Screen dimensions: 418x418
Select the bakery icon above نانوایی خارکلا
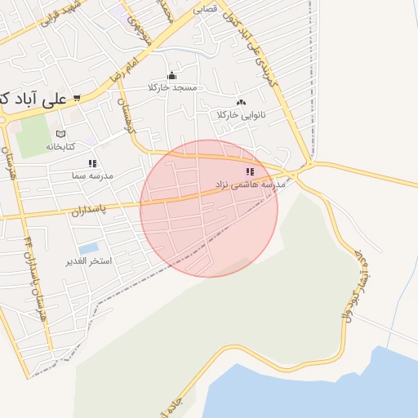click(x=240, y=103)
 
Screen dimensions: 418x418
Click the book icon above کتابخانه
click(x=60, y=134)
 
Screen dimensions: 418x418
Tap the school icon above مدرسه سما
click(x=92, y=163)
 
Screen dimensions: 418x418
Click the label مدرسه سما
click(x=91, y=175)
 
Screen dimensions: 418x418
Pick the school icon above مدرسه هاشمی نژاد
click(x=250, y=171)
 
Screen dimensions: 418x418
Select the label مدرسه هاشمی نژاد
click(x=250, y=185)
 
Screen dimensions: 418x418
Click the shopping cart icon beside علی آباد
click(x=77, y=99)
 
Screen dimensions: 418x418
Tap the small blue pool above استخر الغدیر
click(x=88, y=247)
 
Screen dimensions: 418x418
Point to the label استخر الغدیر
click(x=88, y=261)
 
